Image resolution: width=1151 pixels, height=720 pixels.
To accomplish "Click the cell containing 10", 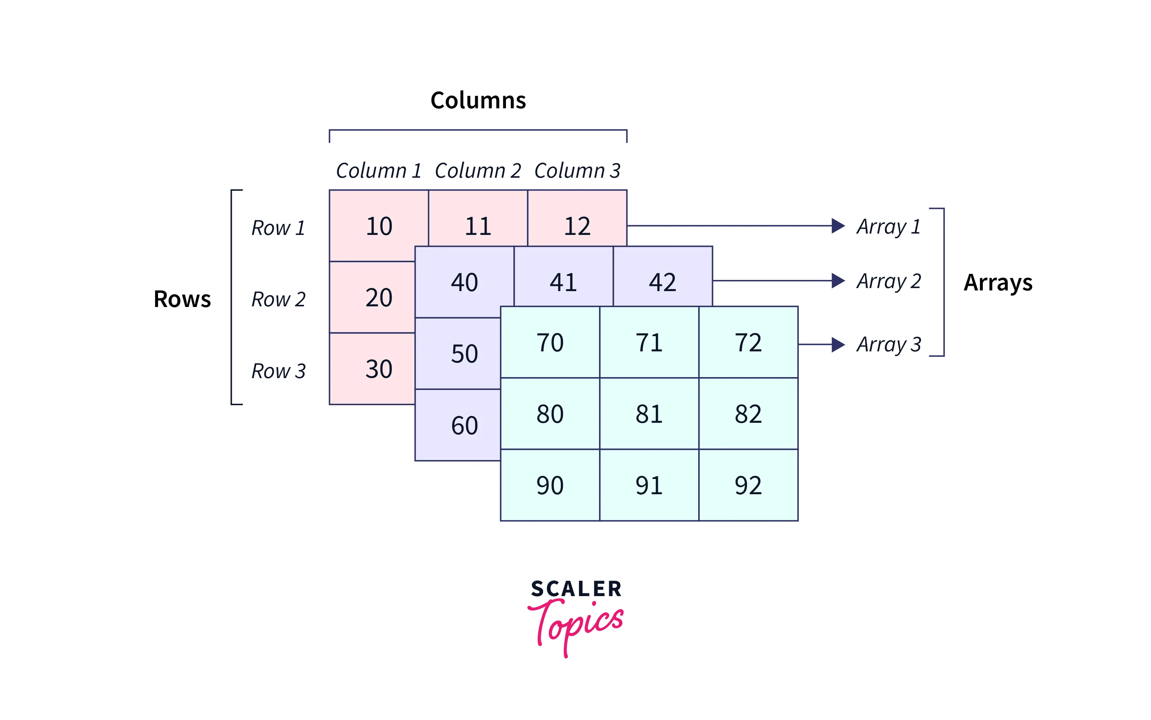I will [379, 226].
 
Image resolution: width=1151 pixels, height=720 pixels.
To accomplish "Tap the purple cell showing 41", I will [563, 282].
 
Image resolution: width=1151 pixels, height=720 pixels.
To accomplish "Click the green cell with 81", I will [649, 414].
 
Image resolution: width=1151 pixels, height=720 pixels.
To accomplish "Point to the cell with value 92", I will [748, 485].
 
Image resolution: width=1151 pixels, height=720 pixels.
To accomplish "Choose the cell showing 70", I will [550, 342].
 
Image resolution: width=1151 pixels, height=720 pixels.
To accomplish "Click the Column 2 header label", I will [478, 171].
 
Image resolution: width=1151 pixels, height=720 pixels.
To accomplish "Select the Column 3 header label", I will [577, 171].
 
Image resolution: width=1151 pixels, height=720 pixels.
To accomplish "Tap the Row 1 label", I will [278, 227].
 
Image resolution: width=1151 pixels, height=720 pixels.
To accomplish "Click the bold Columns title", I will [478, 100].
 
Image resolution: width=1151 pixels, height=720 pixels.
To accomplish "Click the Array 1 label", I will [888, 227].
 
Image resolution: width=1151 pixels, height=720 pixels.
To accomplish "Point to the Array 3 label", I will [888, 344].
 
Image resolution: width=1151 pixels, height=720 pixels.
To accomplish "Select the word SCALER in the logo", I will [576, 589].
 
